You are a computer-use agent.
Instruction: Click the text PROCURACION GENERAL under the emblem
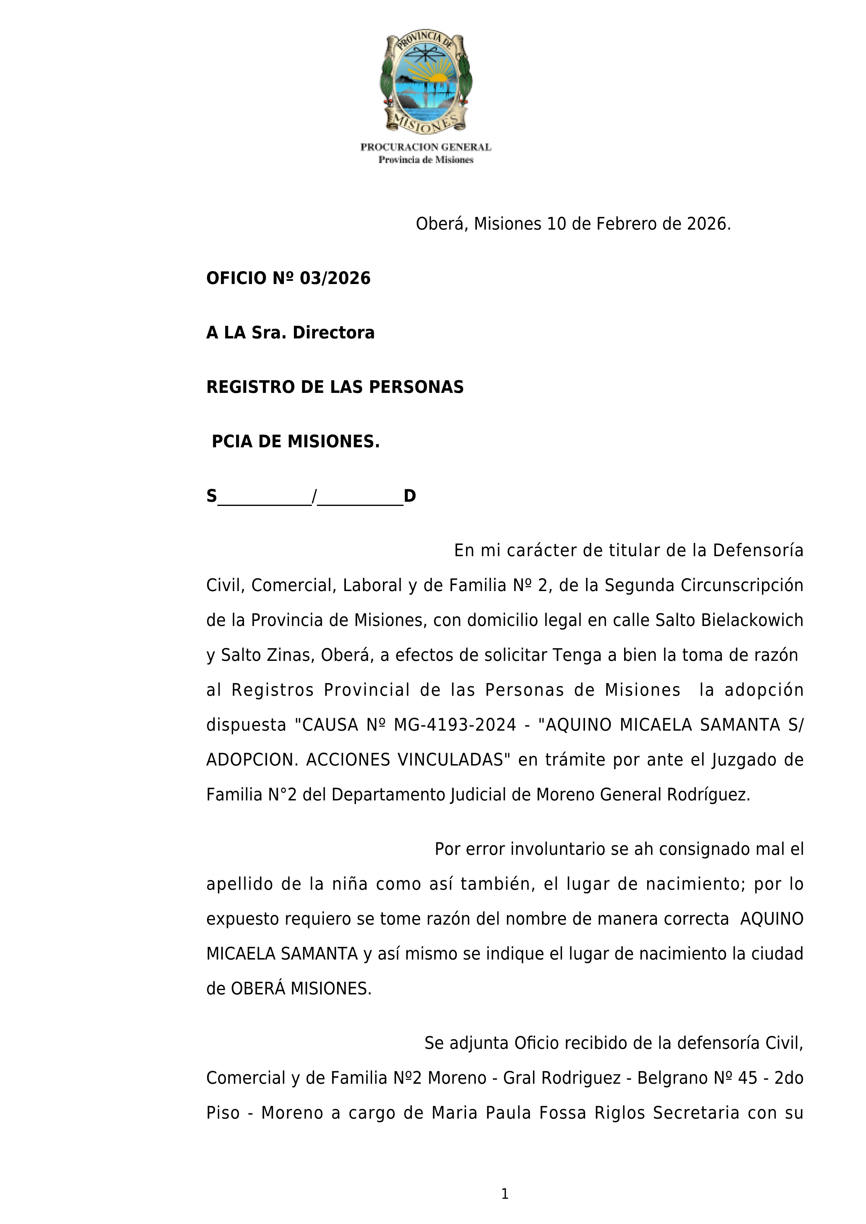(x=425, y=147)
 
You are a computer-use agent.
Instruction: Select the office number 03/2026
(x=335, y=278)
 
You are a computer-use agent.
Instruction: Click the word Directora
(x=333, y=333)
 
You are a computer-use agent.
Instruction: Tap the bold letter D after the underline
(x=409, y=496)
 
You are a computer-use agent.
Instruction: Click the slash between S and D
(x=314, y=496)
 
